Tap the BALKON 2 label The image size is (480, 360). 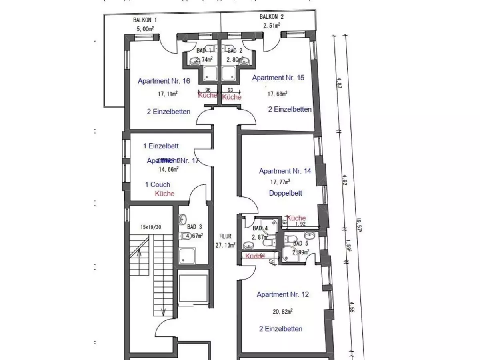click(271, 17)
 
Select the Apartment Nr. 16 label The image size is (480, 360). click(164, 81)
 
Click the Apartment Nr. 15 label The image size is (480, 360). click(278, 78)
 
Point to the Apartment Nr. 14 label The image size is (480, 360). click(285, 171)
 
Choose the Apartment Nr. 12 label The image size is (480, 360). click(283, 295)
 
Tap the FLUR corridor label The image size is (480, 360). click(226, 236)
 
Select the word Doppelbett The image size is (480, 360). click(285, 193)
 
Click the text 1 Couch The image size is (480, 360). click(158, 185)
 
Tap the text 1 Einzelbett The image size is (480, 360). click(161, 146)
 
